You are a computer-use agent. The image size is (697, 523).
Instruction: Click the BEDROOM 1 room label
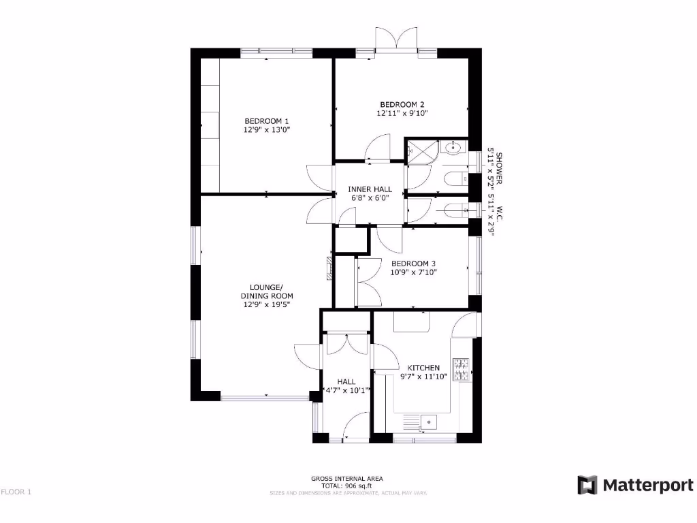click(x=262, y=121)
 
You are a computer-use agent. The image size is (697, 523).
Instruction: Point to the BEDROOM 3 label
click(x=413, y=264)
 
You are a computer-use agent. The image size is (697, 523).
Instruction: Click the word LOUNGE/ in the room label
click(x=267, y=287)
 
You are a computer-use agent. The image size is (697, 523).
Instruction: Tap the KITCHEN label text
click(x=423, y=368)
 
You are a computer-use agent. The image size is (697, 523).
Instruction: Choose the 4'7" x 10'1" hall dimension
click(x=346, y=390)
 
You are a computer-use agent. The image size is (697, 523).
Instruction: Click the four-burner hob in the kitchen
click(x=462, y=370)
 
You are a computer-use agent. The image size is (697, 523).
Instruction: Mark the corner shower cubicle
click(x=421, y=150)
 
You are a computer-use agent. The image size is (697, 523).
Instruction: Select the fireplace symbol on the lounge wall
click(x=329, y=268)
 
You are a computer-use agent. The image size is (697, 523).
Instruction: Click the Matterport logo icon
click(x=587, y=485)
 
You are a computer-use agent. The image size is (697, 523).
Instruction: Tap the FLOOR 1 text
click(x=16, y=492)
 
